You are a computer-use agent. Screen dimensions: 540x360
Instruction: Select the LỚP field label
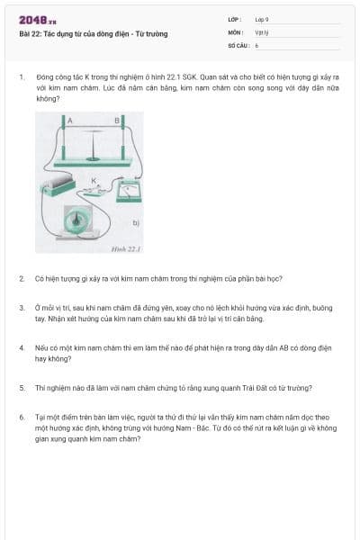(x=236, y=19)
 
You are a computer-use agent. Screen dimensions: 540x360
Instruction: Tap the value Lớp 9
(x=261, y=19)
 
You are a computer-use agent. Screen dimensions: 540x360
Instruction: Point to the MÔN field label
(x=236, y=31)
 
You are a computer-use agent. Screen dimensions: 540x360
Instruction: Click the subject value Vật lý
(x=261, y=31)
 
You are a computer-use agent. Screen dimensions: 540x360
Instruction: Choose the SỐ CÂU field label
(x=238, y=43)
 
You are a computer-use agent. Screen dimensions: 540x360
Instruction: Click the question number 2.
(x=21, y=279)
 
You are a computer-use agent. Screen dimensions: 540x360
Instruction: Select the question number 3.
(x=21, y=307)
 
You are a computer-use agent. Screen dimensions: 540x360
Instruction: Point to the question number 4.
(x=21, y=346)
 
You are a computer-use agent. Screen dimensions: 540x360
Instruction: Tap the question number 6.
(x=21, y=417)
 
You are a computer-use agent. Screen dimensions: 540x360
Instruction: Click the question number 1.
(x=21, y=77)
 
